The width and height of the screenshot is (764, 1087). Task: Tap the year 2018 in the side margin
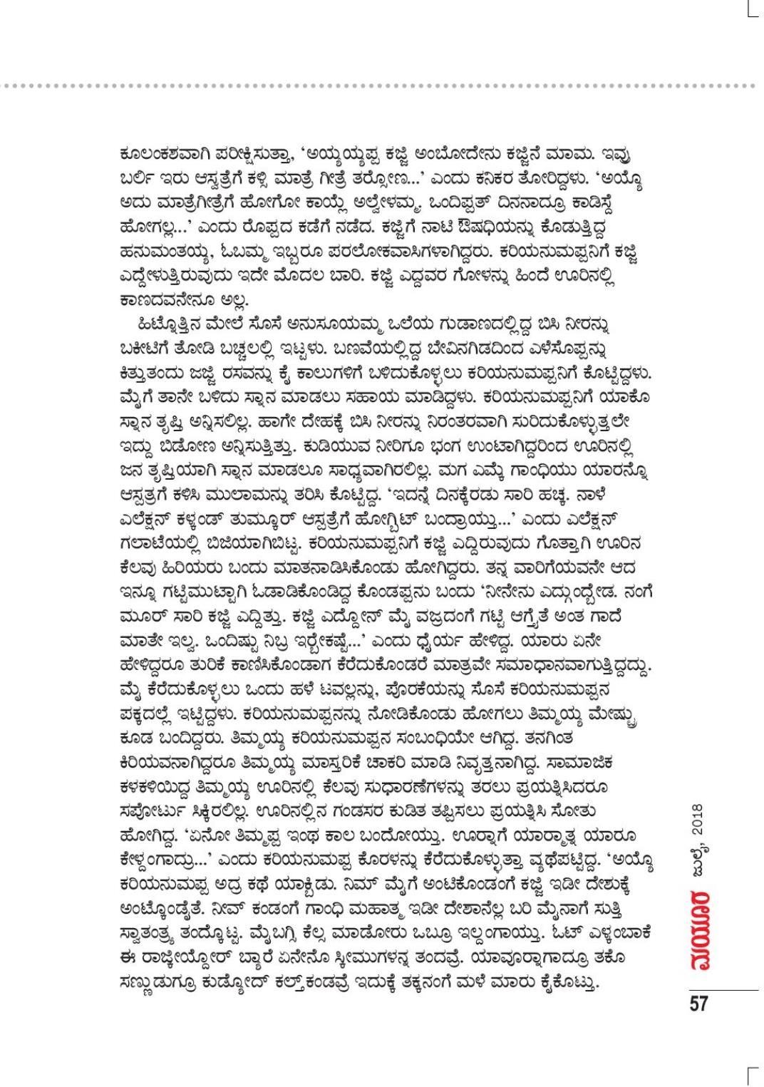pyautogui.click(x=698, y=824)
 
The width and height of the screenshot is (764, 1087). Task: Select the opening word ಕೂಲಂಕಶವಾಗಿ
pyautogui.click(x=155, y=151)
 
